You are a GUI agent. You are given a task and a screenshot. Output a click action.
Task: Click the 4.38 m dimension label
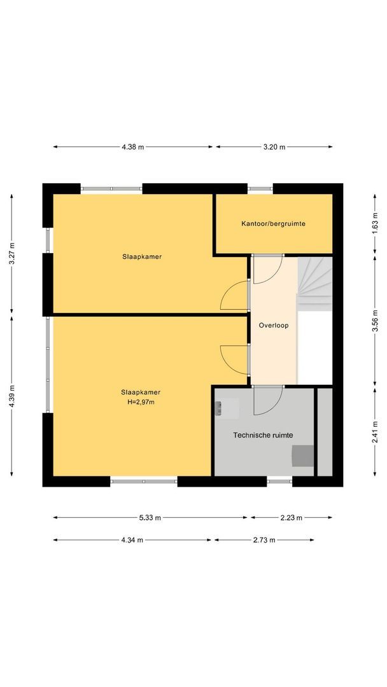click(x=133, y=147)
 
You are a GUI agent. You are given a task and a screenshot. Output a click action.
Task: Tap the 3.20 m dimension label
click(x=274, y=147)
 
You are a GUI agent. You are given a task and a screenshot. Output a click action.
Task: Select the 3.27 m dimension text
click(x=12, y=253)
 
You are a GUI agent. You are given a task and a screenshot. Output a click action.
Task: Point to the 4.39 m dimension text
click(x=12, y=396)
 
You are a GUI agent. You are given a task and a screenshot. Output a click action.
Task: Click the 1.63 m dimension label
click(x=375, y=223)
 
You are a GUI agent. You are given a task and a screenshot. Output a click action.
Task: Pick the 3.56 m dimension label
click(x=375, y=321)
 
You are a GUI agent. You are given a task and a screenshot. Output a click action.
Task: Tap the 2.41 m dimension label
click(x=375, y=432)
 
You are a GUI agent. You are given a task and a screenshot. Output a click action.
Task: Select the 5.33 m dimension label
click(x=150, y=518)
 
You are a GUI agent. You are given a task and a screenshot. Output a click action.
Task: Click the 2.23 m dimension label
click(x=292, y=518)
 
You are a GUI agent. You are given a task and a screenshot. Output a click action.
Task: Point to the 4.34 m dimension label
click(x=132, y=540)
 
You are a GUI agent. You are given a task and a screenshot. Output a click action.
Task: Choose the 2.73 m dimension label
click(x=264, y=540)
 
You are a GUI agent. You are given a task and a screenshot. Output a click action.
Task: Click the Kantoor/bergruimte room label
click(x=273, y=223)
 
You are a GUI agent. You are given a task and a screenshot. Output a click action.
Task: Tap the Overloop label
click(x=274, y=326)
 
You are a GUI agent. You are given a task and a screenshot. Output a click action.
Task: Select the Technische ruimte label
click(x=263, y=435)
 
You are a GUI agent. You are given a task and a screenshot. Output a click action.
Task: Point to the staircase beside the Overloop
click(x=314, y=284)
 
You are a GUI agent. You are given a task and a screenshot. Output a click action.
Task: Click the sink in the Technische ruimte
click(x=227, y=409)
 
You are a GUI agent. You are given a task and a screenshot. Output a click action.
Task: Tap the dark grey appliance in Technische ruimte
click(x=303, y=455)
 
